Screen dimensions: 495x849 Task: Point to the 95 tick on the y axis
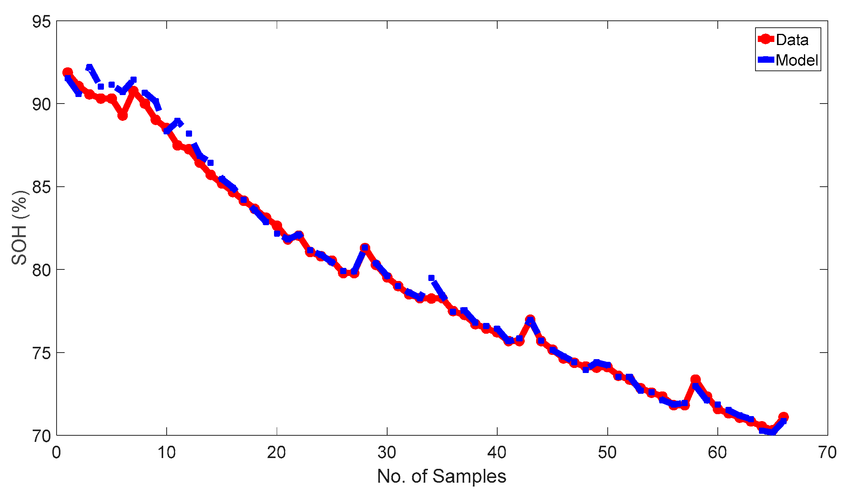pos(42,22)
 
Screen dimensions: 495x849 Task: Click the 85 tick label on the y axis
pos(42,187)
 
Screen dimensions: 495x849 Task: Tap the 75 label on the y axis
pos(42,353)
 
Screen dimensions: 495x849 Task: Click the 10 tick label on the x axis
pos(167,453)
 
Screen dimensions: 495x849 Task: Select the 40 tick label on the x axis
pos(497,453)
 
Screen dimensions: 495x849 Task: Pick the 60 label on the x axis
pos(717,453)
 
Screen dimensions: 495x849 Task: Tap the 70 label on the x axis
pos(827,453)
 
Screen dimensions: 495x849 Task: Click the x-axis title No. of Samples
pos(441,477)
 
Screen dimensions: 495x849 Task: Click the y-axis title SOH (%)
pos(19,228)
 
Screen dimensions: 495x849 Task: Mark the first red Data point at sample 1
pos(68,72)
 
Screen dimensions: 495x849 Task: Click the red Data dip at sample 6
pos(123,115)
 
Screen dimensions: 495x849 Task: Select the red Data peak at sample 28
pos(365,248)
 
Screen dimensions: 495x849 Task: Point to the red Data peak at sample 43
pos(530,319)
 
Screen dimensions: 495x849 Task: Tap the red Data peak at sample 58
pos(695,380)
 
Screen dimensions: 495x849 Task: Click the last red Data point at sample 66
pos(783,417)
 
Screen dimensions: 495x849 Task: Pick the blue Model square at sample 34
pos(431,278)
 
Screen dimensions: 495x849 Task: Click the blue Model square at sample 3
pos(89,67)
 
